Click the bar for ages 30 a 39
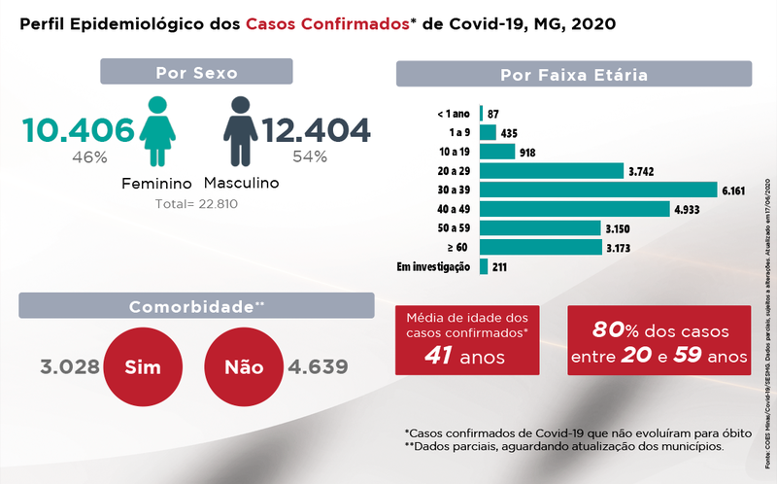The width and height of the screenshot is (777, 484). [x=597, y=190]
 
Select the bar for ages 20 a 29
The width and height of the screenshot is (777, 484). [x=551, y=170]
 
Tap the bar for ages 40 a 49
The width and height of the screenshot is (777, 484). [x=575, y=208]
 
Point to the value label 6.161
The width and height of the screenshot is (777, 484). [x=733, y=190]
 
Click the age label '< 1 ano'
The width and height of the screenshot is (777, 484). [x=454, y=114]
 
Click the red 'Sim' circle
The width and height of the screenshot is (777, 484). [x=143, y=367]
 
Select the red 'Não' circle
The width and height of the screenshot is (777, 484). [x=244, y=367]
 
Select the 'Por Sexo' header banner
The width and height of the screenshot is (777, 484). [x=196, y=72]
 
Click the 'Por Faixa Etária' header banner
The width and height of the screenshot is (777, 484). [x=574, y=74]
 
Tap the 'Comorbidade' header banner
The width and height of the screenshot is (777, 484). [x=197, y=306]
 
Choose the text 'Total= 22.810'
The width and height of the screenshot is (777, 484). [x=196, y=204]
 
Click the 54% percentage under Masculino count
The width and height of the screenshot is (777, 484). [x=310, y=156]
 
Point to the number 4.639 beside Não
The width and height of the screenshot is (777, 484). [x=318, y=367]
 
